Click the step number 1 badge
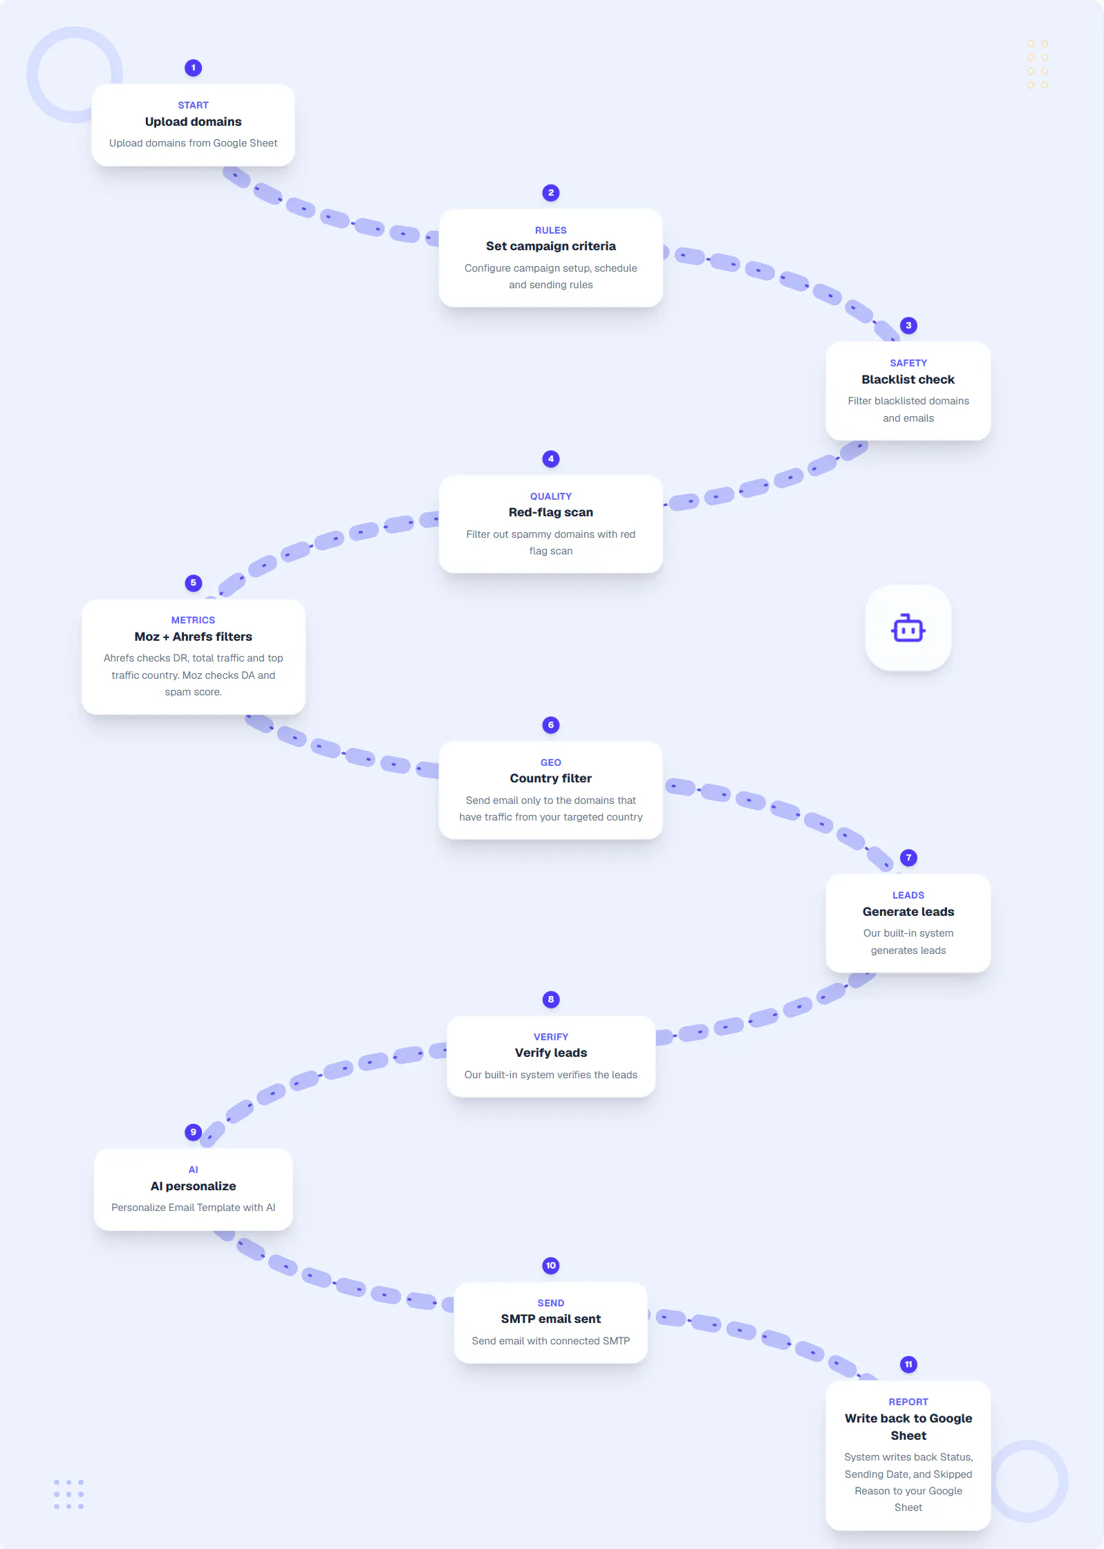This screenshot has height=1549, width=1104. (x=194, y=68)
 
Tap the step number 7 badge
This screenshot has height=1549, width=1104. (x=908, y=858)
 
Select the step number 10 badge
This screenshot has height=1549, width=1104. (x=551, y=1266)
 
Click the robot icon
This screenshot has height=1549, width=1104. (x=908, y=628)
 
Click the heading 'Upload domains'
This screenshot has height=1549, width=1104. (x=194, y=122)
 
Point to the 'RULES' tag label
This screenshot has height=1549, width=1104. (x=551, y=230)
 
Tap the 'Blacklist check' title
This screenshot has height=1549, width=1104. (x=908, y=379)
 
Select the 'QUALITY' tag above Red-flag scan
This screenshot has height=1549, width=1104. (x=551, y=496)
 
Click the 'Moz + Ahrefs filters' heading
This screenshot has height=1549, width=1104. (x=194, y=637)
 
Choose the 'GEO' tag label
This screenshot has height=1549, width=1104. (x=551, y=762)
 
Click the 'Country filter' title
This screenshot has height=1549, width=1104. (x=551, y=778)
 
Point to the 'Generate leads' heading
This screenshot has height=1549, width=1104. (x=908, y=912)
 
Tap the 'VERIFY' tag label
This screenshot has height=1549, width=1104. (x=551, y=1037)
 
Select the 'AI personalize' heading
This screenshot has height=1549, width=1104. (x=194, y=1186)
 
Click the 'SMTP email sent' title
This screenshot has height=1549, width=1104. (x=551, y=1319)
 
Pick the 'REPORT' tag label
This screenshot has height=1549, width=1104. (x=908, y=1402)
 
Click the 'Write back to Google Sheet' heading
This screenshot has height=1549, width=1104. (x=908, y=1427)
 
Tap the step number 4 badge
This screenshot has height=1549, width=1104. (x=551, y=459)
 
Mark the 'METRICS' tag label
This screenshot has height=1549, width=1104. (x=194, y=620)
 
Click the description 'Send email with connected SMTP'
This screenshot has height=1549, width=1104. (x=551, y=1341)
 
